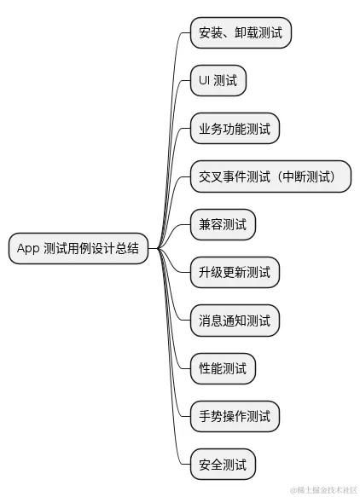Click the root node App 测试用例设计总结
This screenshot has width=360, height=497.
coord(77,249)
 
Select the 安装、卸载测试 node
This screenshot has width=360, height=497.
coord(240,33)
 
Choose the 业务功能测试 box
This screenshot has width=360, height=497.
coord(234,130)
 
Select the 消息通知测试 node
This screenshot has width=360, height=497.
coord(234,321)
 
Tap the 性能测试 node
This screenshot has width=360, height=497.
coord(222,369)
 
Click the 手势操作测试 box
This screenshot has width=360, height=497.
coord(234,417)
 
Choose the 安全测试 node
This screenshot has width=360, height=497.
coord(222,465)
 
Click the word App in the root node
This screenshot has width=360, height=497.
coord(27,249)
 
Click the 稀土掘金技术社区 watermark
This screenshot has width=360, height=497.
coord(323,489)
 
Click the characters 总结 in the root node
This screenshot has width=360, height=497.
coord(125,249)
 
